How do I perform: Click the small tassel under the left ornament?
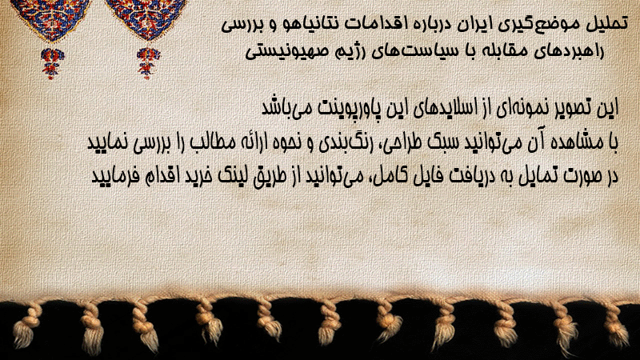pos(51,63)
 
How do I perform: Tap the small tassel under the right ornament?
pos(148,63)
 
